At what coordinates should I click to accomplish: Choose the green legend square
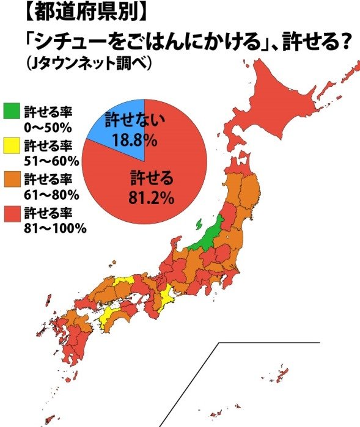[x=11, y=112]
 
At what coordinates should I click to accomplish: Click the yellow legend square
[x=11, y=145]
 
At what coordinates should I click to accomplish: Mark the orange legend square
[x=11, y=179]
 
